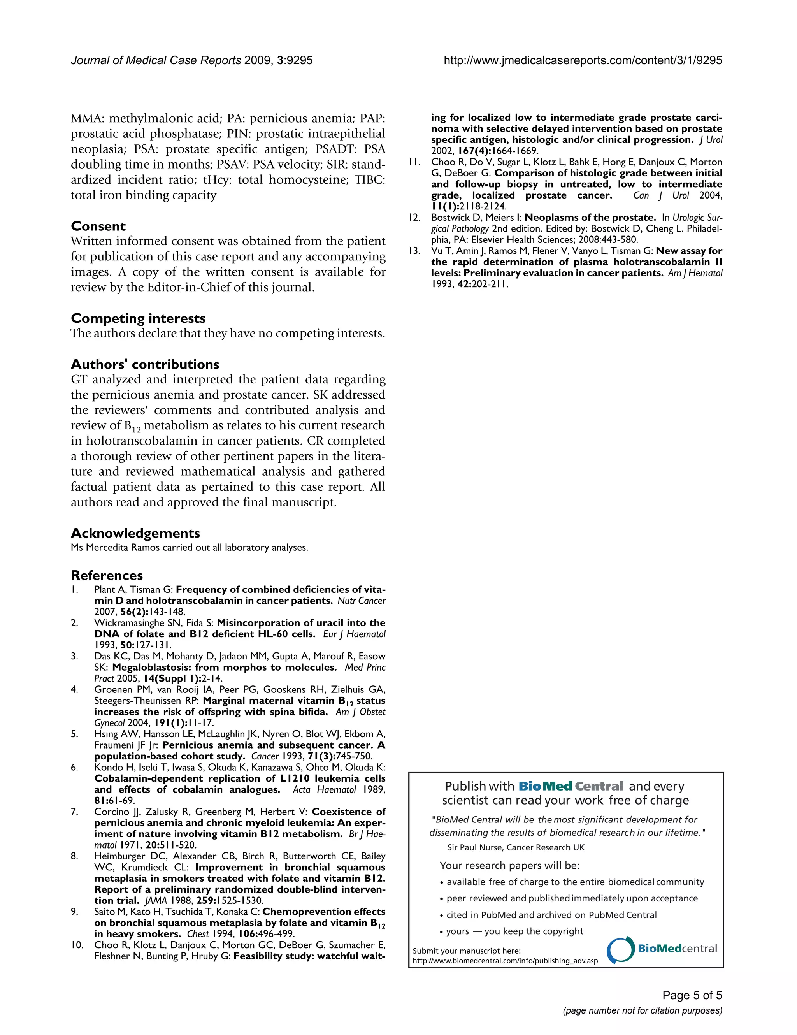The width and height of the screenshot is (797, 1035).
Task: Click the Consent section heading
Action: pyautogui.click(x=98, y=226)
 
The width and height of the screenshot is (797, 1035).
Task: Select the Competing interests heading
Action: pyautogui.click(x=138, y=318)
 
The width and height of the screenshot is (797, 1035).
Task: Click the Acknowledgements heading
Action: pyautogui.click(x=135, y=533)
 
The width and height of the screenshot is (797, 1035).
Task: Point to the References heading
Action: pyautogui.click(x=107, y=575)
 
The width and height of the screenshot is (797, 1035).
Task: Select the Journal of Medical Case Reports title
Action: pyautogui.click(x=156, y=60)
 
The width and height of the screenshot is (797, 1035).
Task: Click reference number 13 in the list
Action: pyautogui.click(x=414, y=251)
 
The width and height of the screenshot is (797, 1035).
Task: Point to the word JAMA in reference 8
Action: pyautogui.click(x=155, y=900)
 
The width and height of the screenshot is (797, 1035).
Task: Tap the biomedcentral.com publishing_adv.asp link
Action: pyautogui.click(x=505, y=961)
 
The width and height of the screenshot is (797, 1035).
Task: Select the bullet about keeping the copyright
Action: pyautogui.click(x=514, y=931)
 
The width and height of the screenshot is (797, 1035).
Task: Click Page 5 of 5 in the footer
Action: pyautogui.click(x=692, y=995)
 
